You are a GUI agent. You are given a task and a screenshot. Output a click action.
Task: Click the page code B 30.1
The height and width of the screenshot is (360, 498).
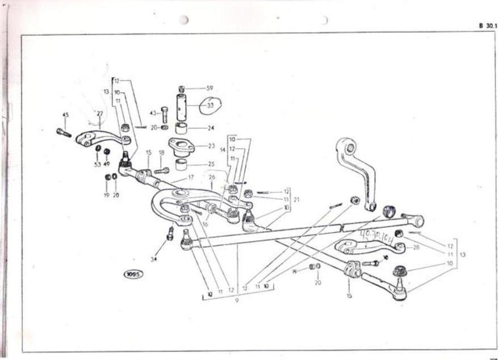(x=486, y=26)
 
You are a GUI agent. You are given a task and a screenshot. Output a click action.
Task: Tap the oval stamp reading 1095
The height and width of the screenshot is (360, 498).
(x=133, y=274)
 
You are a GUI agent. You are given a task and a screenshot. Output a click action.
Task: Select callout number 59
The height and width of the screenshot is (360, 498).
(x=210, y=88)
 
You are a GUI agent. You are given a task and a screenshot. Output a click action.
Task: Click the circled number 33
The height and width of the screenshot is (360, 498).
(x=210, y=105)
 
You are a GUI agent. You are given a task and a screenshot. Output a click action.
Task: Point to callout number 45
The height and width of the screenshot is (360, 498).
(x=65, y=115)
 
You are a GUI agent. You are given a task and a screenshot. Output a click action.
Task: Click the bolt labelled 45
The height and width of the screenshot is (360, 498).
(x=64, y=133)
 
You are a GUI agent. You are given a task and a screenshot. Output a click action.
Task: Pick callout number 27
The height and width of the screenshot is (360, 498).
(x=100, y=114)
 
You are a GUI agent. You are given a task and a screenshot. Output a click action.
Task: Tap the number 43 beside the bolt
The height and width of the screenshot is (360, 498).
(x=153, y=113)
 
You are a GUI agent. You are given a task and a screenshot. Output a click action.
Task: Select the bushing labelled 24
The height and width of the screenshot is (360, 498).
(x=182, y=128)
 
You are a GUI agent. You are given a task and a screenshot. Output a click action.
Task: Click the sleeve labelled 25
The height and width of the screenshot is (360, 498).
(x=182, y=165)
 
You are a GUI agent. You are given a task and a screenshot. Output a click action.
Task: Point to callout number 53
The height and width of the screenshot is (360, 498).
(x=97, y=165)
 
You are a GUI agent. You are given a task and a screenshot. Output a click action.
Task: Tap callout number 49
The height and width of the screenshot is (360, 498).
(x=107, y=164)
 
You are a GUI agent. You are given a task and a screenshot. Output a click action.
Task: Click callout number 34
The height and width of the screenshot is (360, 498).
(x=152, y=259)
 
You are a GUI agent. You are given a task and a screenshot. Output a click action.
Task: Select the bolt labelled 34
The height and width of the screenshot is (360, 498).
(x=170, y=233)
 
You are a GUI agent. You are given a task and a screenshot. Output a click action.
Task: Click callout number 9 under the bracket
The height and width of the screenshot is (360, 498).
(x=237, y=300)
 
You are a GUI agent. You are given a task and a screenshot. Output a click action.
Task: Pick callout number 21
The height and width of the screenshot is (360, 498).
(x=296, y=199)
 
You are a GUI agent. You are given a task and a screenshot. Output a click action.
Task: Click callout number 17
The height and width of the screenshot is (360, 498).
(x=191, y=178)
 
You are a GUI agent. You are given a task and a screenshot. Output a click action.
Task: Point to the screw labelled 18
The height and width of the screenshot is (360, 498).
(x=161, y=170)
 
